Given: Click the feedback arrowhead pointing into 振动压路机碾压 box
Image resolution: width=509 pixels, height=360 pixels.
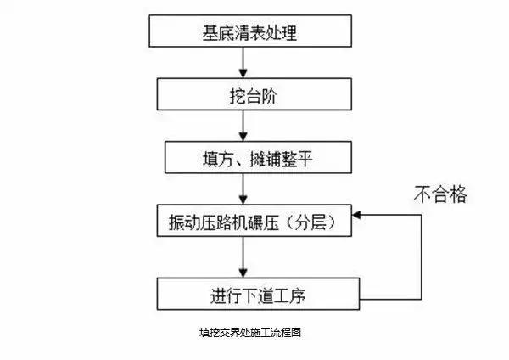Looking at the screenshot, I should (x=360, y=216).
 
